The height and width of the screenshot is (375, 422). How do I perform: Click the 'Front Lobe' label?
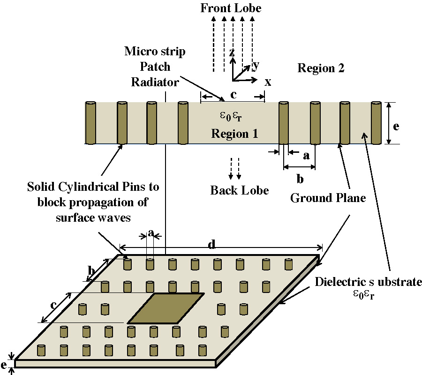click(x=231, y=8)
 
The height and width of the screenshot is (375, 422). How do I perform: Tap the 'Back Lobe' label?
click(x=239, y=190)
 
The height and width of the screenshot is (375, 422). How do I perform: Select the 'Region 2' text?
click(x=321, y=68)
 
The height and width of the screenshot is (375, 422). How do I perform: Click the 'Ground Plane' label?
click(x=328, y=198)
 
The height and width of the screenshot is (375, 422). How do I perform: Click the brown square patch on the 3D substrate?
click(x=166, y=308)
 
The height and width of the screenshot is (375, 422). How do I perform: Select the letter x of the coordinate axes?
click(x=268, y=82)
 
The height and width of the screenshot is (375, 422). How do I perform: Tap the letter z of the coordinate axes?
click(x=232, y=52)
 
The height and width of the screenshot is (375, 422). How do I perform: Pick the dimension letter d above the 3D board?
click(x=212, y=244)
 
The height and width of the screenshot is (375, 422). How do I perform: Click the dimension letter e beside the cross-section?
click(x=396, y=127)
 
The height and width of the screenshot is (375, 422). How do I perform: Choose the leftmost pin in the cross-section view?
click(x=90, y=123)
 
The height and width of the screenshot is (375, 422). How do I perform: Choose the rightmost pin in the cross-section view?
click(x=377, y=123)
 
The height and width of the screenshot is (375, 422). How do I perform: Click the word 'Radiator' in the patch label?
click(x=155, y=82)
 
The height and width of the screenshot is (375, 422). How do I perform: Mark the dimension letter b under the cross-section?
click(x=300, y=179)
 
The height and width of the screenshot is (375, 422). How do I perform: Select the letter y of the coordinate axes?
click(x=256, y=64)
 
